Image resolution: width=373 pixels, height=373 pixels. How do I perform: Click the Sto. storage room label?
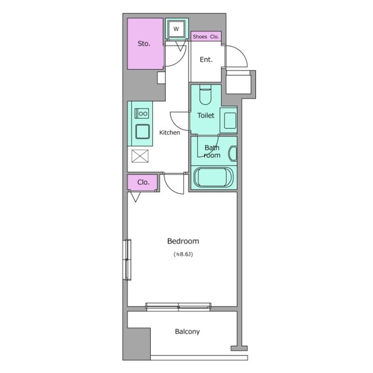pyautogui.click(x=144, y=44)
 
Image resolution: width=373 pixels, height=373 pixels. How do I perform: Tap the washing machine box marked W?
pyautogui.click(x=176, y=29)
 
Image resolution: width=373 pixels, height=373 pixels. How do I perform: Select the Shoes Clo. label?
pyautogui.click(x=206, y=37)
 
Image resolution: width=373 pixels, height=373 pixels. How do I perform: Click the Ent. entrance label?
pyautogui.click(x=206, y=59)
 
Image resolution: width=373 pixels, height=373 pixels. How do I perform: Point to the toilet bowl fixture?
pyautogui.click(x=205, y=95)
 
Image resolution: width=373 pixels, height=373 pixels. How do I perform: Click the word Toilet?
pyautogui.click(x=206, y=115)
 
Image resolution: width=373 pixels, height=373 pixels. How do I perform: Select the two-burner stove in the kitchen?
pyautogui.click(x=142, y=114)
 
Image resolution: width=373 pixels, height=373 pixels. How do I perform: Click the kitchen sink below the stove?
pyautogui.click(x=143, y=132)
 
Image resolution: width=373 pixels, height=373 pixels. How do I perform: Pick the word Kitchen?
pyautogui.click(x=169, y=133)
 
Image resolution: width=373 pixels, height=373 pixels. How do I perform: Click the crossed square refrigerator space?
pyautogui.click(x=140, y=156)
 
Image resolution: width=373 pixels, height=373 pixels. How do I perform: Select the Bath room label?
pyautogui.click(x=212, y=152)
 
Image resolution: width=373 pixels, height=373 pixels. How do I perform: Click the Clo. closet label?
pyautogui.click(x=143, y=182)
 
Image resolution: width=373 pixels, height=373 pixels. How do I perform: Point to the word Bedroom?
pyautogui.click(x=183, y=241)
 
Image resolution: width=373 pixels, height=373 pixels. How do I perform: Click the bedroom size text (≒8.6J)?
pyautogui.click(x=183, y=254)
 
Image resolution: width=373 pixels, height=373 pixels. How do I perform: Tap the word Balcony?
pyautogui.click(x=187, y=332)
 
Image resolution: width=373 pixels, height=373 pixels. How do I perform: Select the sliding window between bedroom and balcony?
pyautogui.click(x=178, y=307)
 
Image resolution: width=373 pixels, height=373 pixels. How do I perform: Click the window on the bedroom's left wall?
pyautogui.click(x=127, y=259)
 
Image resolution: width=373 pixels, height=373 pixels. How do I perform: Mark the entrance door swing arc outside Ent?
pyautogui.click(x=241, y=53)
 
